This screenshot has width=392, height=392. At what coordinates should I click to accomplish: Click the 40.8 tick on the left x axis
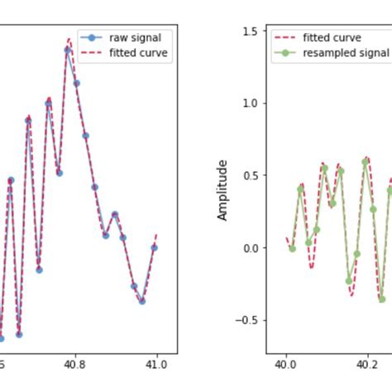coord(74,361)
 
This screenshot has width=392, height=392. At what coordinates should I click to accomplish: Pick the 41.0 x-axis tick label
coord(156,361)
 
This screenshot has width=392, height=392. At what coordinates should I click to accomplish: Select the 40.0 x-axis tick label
coord(285,361)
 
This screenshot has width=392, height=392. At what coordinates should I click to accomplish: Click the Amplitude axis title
coord(222,190)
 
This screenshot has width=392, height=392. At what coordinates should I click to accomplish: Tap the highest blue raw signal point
coord(68,50)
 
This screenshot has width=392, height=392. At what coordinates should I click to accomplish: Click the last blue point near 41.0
coord(154,247)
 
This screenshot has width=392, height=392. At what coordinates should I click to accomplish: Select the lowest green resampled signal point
coord(381,299)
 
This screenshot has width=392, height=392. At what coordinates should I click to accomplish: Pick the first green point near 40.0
coord(292,248)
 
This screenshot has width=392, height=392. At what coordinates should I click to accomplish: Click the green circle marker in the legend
coord(284,52)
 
